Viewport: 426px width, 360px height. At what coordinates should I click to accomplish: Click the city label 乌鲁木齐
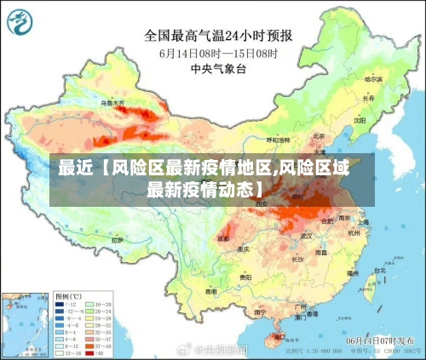pyautogui.click(x=112, y=103)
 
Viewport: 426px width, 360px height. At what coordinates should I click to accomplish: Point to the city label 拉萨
pyautogui.click(x=117, y=241)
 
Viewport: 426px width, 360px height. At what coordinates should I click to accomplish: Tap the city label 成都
pyautogui.click(x=223, y=239)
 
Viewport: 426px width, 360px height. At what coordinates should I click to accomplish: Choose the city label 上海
pyautogui.click(x=364, y=222)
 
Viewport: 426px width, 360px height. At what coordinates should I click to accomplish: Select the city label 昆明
pyautogui.click(x=211, y=291)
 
